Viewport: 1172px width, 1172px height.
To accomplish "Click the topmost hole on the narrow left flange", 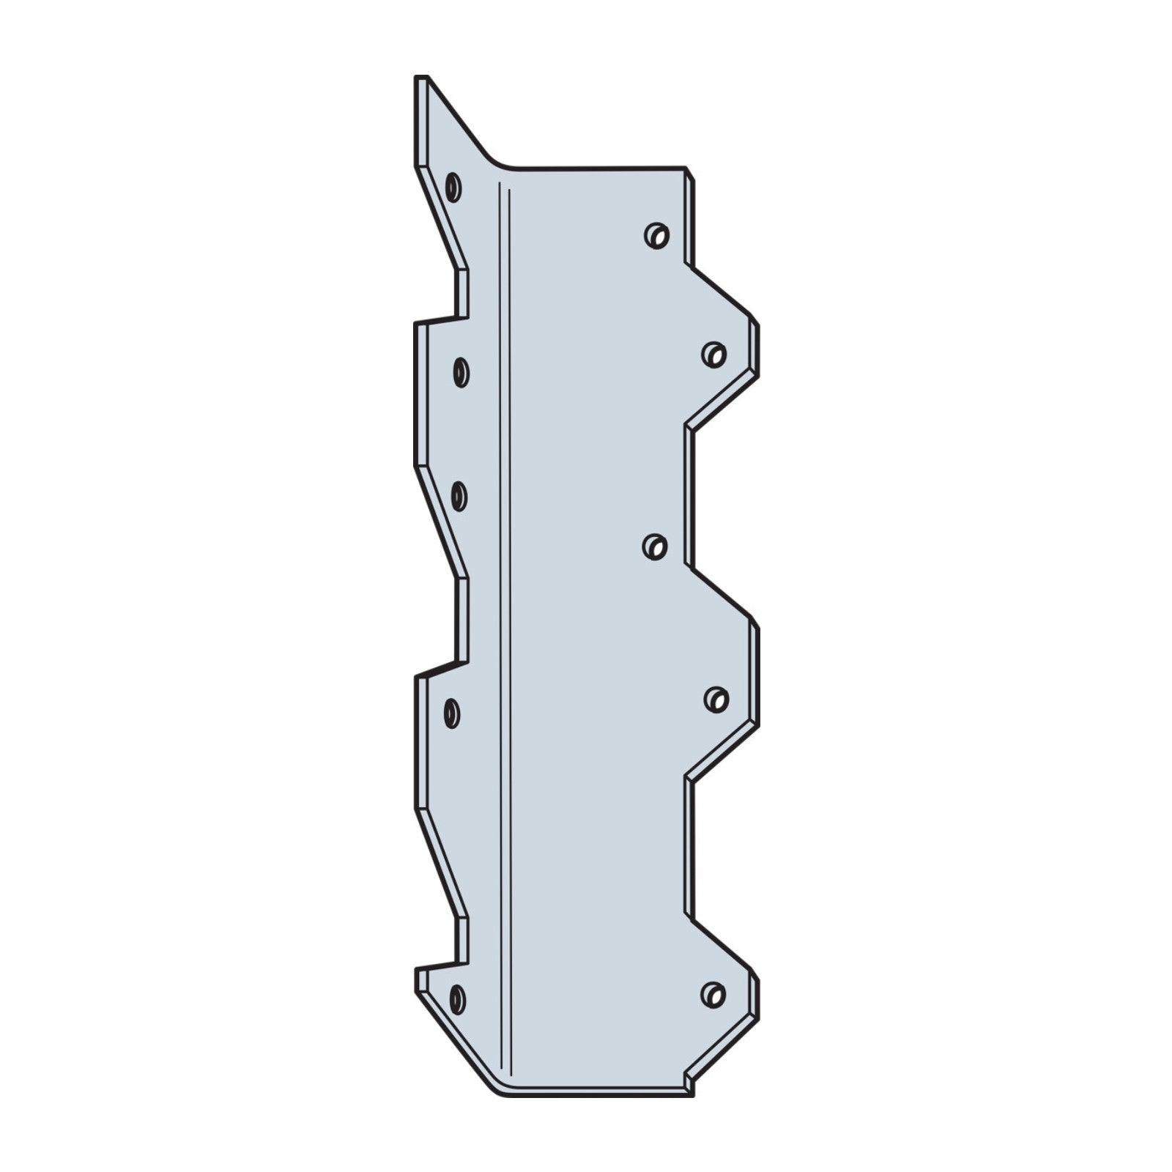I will click(x=453, y=187).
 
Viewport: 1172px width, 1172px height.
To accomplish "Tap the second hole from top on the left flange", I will click(x=461, y=372).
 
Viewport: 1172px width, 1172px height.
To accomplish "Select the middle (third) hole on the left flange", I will click(x=459, y=497).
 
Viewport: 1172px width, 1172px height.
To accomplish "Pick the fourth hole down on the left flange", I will click(x=452, y=713).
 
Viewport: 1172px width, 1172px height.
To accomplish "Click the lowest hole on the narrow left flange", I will click(x=457, y=999).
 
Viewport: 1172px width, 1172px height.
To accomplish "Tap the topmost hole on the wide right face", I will click(x=657, y=236).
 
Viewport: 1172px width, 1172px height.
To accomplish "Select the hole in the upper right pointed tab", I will click(x=714, y=355).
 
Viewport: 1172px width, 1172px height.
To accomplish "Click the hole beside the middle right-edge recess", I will click(x=655, y=546).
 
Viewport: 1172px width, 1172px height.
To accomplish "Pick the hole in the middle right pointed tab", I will click(x=716, y=699).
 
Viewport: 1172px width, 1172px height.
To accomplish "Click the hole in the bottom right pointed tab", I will click(x=713, y=994).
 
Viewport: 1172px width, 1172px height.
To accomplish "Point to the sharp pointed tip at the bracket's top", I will click(x=422, y=78).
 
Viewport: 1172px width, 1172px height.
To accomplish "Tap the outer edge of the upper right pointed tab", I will click(x=755, y=348).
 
